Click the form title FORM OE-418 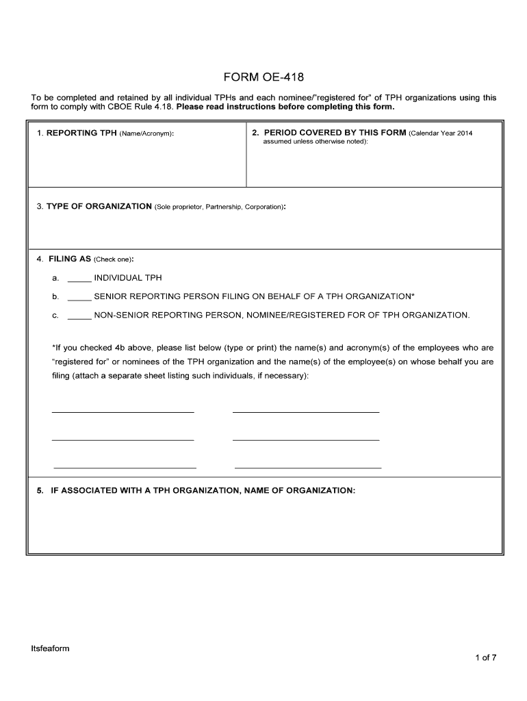tap(263, 77)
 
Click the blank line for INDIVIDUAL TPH tap(79, 279)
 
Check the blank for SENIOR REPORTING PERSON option tap(79, 297)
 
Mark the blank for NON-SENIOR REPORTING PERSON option tap(79, 316)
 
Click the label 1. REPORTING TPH tap(77, 133)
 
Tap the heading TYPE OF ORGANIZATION tap(99, 206)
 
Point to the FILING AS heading tap(70, 259)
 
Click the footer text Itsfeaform tap(50, 648)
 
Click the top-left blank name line tap(123, 412)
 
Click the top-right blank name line tap(306, 412)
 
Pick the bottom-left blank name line tap(125, 468)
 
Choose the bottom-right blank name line tap(308, 468)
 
